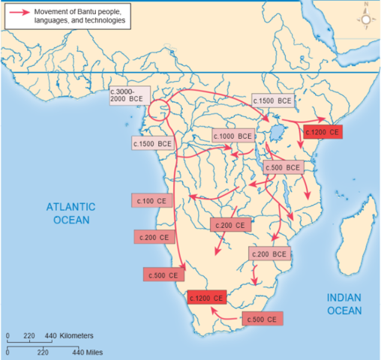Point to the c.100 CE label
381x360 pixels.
tap(151, 201)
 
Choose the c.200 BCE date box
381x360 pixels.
tap(269, 254)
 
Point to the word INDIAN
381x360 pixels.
tap(344, 298)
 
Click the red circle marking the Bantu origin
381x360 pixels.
tap(158, 110)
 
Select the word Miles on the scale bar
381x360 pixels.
tap(91, 350)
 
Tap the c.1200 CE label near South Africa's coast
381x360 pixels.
tap(205, 297)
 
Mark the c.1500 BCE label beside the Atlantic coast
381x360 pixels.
tap(152, 142)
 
